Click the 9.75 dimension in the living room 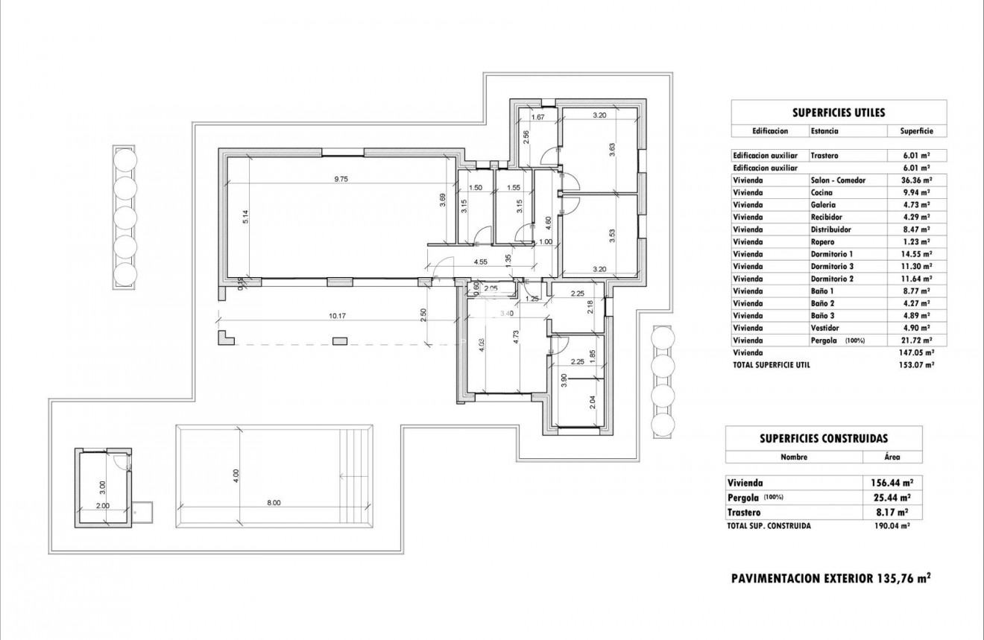click(341, 179)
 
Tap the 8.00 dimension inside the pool click(274, 503)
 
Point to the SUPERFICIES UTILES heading click(839, 113)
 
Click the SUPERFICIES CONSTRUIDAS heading click(824, 439)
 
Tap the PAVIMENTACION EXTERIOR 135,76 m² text click(830, 577)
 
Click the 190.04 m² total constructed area click(892, 525)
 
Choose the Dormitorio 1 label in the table click(831, 254)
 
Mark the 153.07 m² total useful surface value click(916, 365)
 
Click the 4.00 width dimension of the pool click(236, 473)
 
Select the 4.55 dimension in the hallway click(480, 262)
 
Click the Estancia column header click(824, 131)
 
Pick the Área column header click(892, 457)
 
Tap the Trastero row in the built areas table click(745, 513)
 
